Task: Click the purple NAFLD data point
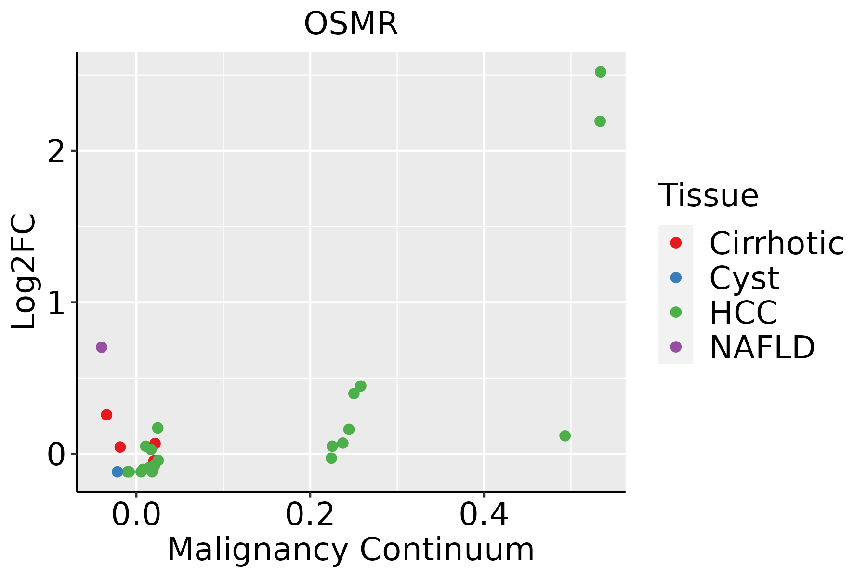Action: (x=101, y=347)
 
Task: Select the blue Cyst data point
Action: (x=118, y=472)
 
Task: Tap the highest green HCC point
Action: (x=600, y=72)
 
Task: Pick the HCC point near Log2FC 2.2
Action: (x=600, y=121)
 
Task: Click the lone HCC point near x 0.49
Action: (x=565, y=435)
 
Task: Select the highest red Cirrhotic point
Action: (x=106, y=415)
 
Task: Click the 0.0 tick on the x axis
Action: (x=136, y=515)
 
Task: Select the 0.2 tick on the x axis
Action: (x=310, y=515)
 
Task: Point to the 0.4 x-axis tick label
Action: (x=484, y=515)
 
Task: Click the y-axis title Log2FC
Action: (x=24, y=272)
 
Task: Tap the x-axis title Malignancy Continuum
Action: (x=351, y=550)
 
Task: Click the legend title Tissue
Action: (x=708, y=196)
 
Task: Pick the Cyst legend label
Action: (x=744, y=278)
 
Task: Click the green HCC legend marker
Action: (x=676, y=312)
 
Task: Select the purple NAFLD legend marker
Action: (x=676, y=346)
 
